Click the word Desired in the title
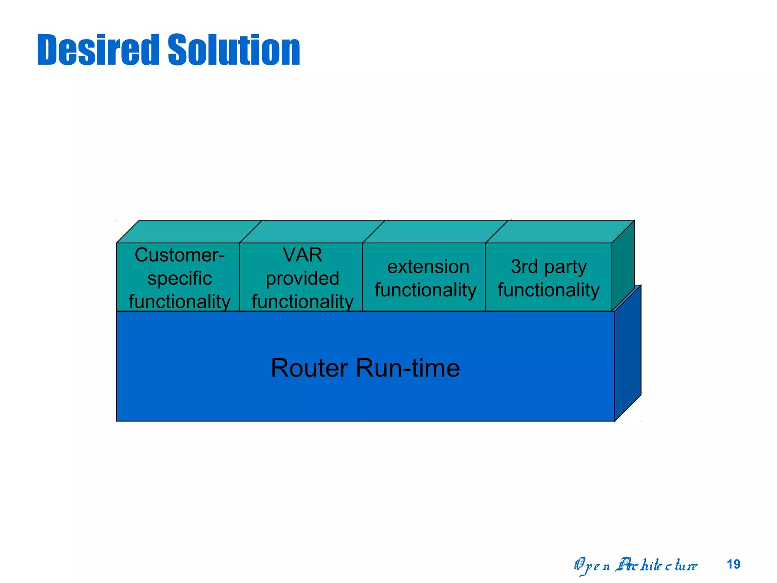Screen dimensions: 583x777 [98, 50]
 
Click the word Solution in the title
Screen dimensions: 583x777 [234, 50]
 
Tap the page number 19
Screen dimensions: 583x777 [733, 564]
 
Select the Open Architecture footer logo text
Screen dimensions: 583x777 [635, 566]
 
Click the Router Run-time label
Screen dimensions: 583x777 [365, 368]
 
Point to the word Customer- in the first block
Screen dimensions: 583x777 [179, 255]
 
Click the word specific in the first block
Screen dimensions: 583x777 [179, 279]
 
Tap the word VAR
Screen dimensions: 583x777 [302, 255]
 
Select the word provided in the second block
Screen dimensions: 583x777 [302, 278]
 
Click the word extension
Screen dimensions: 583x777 [428, 266]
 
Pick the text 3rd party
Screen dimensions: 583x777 [549, 266]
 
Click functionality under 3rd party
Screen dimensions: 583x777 [549, 290]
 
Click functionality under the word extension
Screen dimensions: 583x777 [425, 290]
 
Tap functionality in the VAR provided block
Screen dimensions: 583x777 [302, 302]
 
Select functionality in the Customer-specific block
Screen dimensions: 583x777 [179, 302]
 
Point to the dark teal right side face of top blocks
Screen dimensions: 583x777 [623, 266]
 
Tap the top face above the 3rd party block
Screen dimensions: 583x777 [560, 231]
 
